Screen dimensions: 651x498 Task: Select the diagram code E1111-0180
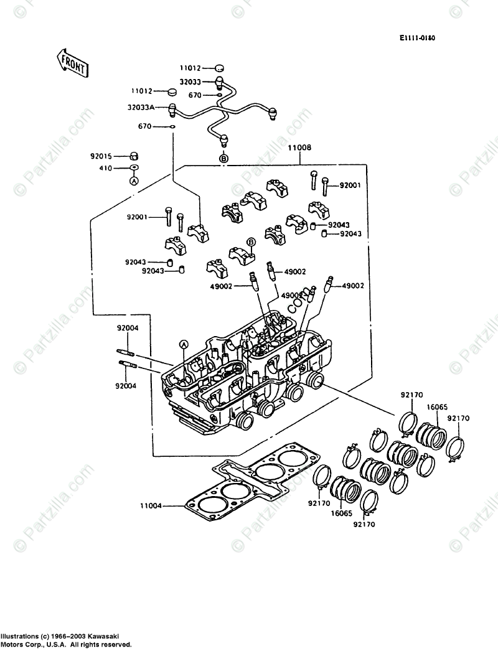tap(417, 38)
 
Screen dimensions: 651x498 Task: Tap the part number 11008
tap(299, 149)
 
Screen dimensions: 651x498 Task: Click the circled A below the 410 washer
tap(133, 180)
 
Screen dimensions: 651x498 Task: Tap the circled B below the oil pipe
tap(224, 159)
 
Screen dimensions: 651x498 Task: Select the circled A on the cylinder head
tap(184, 344)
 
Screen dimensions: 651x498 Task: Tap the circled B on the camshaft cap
tap(251, 241)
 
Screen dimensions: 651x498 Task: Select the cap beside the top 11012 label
tap(218, 68)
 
